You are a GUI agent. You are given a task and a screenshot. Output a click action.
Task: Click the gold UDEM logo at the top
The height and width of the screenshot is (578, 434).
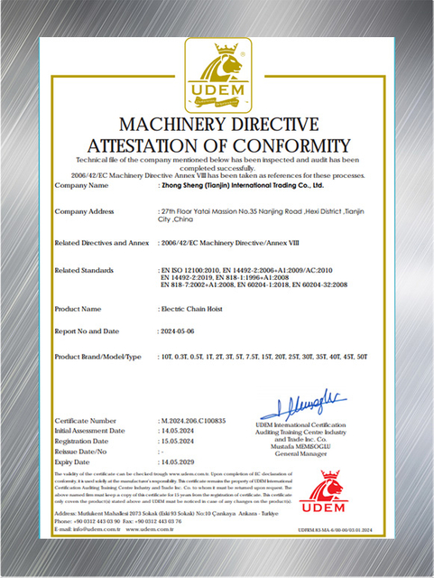[x=216, y=74]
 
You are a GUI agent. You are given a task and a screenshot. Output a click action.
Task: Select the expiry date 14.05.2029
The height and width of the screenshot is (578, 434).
[x=180, y=461]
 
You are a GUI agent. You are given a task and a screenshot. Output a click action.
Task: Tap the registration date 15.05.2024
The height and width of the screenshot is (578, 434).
[x=180, y=441]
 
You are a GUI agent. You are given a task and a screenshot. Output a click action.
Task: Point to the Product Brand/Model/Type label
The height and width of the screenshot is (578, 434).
[x=98, y=357]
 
